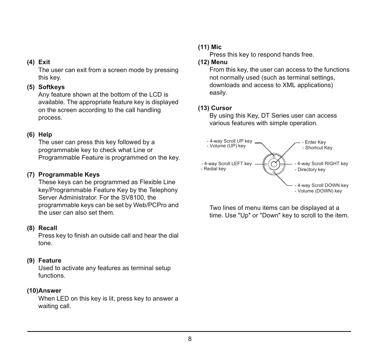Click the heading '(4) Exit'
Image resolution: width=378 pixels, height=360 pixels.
tap(38, 62)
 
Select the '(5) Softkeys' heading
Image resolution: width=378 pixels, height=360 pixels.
tap(46, 87)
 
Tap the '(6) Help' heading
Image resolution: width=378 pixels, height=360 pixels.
tap(40, 135)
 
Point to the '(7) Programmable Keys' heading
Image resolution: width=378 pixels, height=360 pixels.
tap(63, 175)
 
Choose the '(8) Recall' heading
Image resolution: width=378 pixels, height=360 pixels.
tap(42, 228)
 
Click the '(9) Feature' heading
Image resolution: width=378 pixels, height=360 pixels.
tap(44, 261)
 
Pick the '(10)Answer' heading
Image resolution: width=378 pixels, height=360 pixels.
tap(44, 291)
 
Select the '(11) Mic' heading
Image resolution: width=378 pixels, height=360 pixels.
tap(210, 47)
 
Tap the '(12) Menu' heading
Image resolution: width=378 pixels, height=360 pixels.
tap(213, 62)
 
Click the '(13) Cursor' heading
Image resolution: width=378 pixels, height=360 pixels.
tap(215, 108)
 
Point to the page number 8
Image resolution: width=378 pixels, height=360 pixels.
tap(190, 339)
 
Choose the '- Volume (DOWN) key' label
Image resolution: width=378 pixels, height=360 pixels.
tap(319, 191)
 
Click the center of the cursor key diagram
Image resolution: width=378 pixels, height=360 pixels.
tap(274, 164)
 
